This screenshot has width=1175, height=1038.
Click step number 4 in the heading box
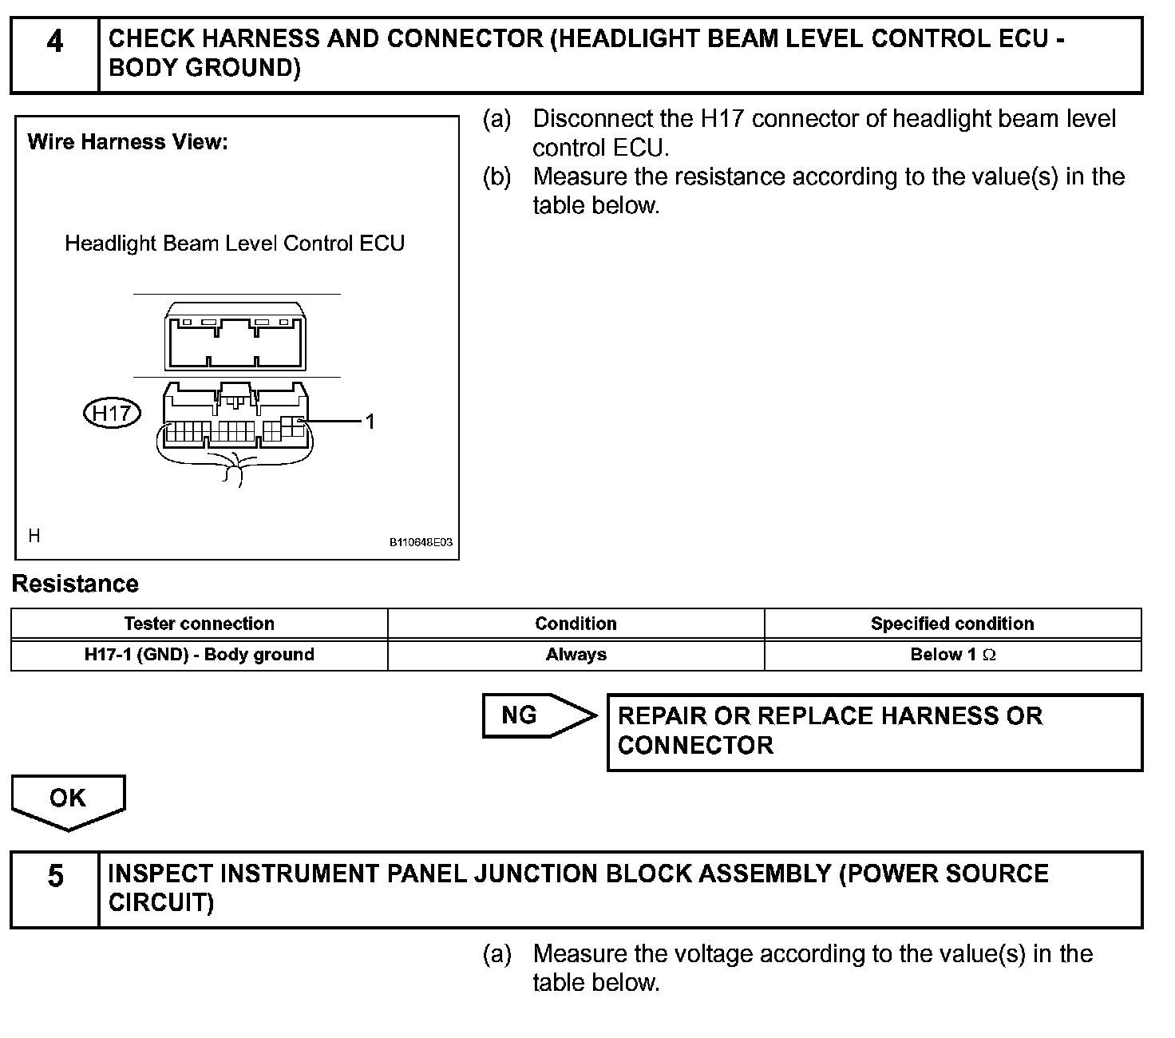coord(54,42)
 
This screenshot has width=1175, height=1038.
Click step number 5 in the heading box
coord(55,876)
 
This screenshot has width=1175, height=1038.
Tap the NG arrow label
coord(520,715)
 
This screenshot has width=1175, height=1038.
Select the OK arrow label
coord(67,798)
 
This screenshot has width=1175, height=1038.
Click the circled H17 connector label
coord(112,413)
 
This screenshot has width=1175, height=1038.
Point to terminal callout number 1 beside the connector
coord(370,421)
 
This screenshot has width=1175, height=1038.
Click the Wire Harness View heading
coord(128,142)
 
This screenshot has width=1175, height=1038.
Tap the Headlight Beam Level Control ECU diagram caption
coord(235,243)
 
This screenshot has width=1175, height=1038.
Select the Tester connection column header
coord(199,624)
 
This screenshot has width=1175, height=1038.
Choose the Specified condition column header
coord(952,624)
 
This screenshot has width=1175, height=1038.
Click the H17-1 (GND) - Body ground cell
coord(199,655)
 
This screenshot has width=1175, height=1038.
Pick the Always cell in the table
coord(576,655)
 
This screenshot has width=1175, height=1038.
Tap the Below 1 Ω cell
coord(952,655)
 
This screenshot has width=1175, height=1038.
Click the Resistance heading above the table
coord(75,584)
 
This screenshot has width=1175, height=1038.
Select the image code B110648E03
coord(421,542)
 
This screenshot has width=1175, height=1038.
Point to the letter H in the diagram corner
coord(34,535)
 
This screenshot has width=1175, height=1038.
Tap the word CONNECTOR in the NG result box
coord(695,745)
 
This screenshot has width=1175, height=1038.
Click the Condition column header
coord(576,624)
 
